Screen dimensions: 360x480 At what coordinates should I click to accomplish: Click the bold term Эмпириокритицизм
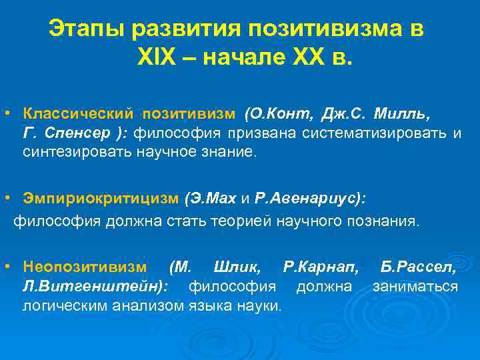click(101, 199)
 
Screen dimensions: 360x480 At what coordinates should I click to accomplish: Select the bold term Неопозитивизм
click(85, 267)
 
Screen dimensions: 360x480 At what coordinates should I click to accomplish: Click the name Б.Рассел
click(419, 267)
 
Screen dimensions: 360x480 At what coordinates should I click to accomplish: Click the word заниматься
click(415, 287)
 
